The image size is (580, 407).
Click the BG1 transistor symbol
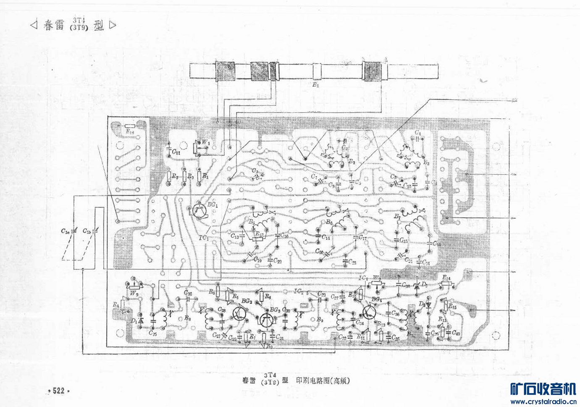click(x=200, y=211)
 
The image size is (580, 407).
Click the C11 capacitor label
click(x=176, y=152)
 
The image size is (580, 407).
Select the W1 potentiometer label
click(x=206, y=142)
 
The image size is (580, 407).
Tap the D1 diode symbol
click(x=141, y=321)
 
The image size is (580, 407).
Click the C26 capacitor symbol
click(x=188, y=298)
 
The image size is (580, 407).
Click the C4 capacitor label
click(x=417, y=133)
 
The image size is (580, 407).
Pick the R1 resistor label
click(x=205, y=177)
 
